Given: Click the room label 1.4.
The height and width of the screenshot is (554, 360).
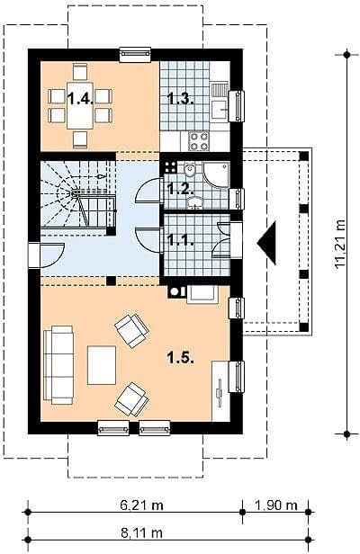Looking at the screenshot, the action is coord(80,99).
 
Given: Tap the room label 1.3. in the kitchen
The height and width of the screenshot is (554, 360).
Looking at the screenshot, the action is coord(180,99).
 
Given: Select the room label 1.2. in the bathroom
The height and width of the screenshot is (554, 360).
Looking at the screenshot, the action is coord(180,190).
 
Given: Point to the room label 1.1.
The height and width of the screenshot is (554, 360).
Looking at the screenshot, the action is coord(180,240).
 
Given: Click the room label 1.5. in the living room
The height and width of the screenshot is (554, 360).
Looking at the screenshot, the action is coord(180,358).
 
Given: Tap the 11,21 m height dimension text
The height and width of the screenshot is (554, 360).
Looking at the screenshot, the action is coord(340,244).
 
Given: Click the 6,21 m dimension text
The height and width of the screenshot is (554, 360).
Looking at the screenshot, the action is coord(141,505).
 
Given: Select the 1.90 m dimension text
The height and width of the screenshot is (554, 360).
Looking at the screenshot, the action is coord(275,505).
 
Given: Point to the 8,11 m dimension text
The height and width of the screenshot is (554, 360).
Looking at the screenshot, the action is coord(141,532).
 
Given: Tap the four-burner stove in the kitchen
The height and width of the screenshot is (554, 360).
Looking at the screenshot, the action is coord(199,141).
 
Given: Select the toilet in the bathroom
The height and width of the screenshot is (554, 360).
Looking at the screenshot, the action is coord(190,170).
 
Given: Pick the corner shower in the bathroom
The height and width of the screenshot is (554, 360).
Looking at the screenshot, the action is coord(216,174).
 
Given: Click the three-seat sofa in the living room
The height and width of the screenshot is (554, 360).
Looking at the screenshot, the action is coord(58,365).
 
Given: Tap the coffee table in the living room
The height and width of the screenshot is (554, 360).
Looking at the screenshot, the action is coord(102,365).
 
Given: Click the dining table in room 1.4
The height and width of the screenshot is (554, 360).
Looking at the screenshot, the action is coord(80,105).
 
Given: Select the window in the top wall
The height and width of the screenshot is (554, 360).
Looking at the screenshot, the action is coord(135,54).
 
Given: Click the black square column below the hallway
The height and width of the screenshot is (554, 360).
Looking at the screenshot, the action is coord(111,281).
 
